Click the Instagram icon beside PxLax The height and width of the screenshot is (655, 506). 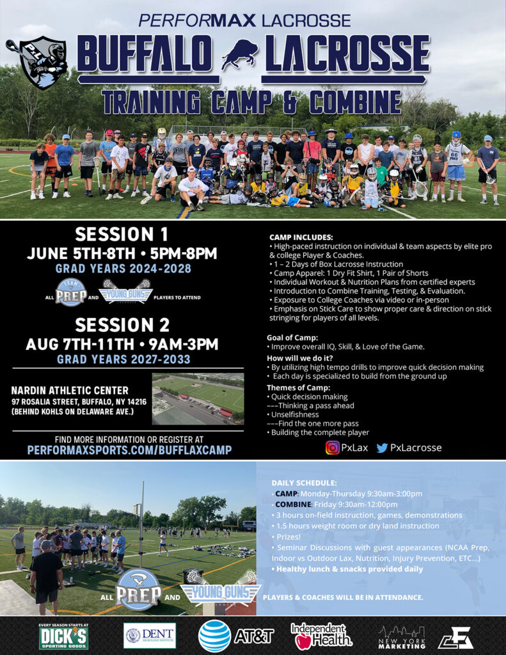pos(332,448)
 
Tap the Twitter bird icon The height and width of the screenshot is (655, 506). pos(382,448)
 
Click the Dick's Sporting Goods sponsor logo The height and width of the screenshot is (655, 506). pos(63,636)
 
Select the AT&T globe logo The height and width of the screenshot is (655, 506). pos(214,636)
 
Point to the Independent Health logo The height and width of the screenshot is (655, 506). pos(321,636)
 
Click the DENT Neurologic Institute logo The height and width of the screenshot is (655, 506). pos(150,636)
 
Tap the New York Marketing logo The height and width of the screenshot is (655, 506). pos(402,638)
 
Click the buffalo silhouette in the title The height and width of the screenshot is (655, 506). pos(240,54)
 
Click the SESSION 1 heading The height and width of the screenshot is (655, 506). pos(122,234)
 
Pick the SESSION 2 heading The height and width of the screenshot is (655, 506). pos(122,325)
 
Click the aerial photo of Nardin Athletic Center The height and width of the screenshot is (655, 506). pos(198,399)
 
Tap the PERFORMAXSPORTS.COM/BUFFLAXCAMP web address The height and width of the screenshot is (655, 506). pos(129,450)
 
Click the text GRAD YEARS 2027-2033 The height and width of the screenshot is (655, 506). pos(123,359)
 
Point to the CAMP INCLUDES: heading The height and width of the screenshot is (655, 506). pos(301,238)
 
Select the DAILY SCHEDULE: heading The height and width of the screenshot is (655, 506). pos(304,483)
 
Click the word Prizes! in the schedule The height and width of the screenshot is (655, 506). pos(289,537)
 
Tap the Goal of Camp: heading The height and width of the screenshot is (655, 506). pos(292,338)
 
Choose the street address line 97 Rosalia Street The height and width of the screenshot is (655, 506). pos(79,402)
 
